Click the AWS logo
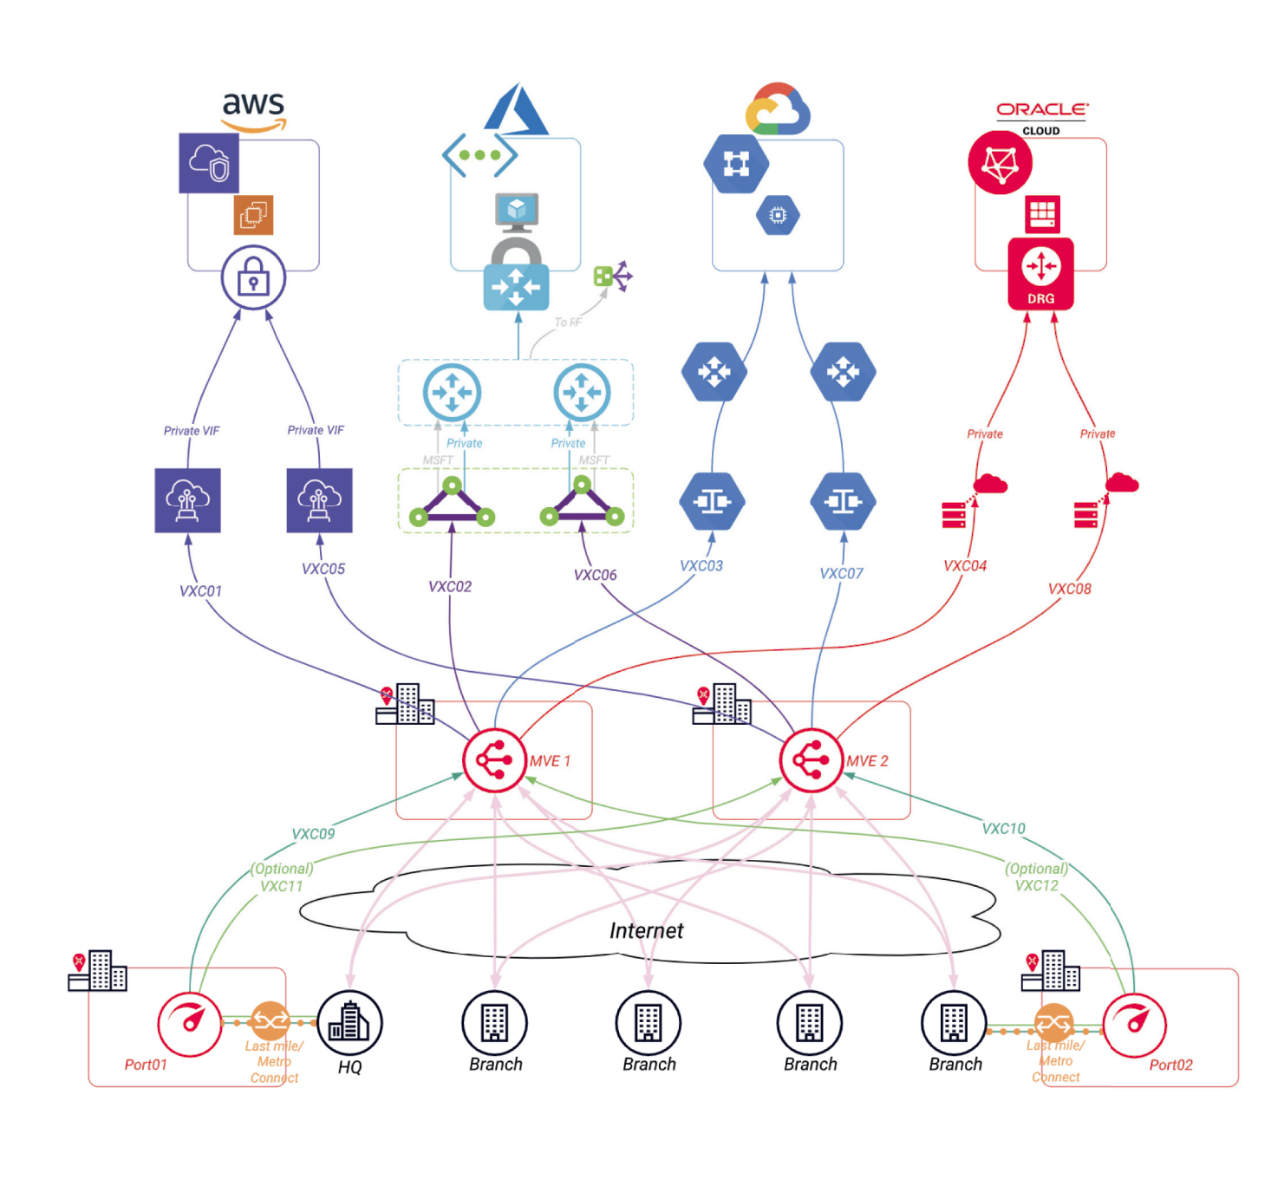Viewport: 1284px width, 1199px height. [253, 111]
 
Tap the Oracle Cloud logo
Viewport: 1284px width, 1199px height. [1041, 116]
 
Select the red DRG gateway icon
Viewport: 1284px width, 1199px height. [1040, 274]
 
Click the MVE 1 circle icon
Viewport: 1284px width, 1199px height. [494, 760]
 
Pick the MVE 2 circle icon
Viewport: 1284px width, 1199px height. [811, 760]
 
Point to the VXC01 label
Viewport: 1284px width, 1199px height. [200, 590]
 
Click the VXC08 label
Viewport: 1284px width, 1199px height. [1069, 589]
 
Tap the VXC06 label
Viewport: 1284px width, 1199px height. [595, 575]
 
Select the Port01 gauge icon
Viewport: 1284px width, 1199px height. [189, 1023]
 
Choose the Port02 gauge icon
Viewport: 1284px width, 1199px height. [1134, 1024]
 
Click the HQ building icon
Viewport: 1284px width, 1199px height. [349, 1023]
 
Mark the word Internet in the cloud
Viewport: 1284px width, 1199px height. [646, 930]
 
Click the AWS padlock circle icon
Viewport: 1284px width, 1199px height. [253, 277]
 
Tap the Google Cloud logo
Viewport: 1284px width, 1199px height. [778, 109]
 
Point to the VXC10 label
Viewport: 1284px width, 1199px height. [1003, 828]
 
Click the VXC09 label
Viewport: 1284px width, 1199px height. [313, 833]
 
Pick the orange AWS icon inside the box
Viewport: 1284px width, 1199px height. [253, 214]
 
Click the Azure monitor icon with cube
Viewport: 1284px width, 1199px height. [517, 212]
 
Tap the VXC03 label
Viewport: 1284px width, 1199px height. [701, 565]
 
